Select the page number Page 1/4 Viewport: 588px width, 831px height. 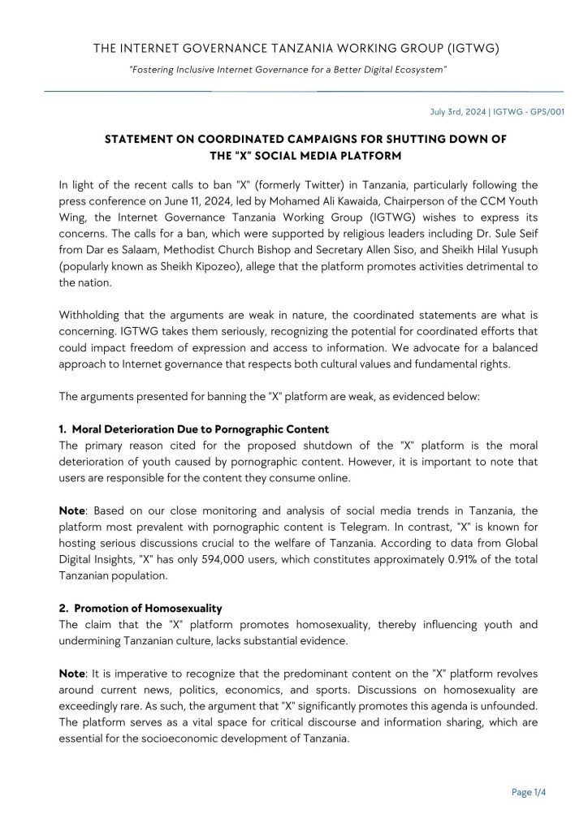click(529, 794)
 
